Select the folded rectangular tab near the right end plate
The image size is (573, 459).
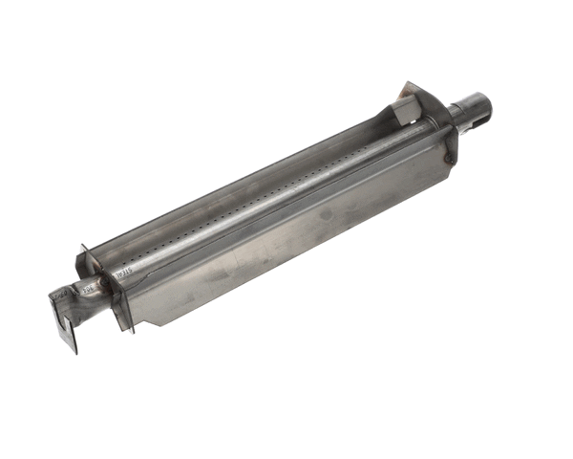[406, 111]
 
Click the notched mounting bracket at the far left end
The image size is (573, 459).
[64, 320]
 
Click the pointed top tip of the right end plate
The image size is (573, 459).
[409, 83]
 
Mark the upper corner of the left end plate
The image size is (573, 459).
[82, 247]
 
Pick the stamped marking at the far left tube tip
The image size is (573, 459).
[59, 295]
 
